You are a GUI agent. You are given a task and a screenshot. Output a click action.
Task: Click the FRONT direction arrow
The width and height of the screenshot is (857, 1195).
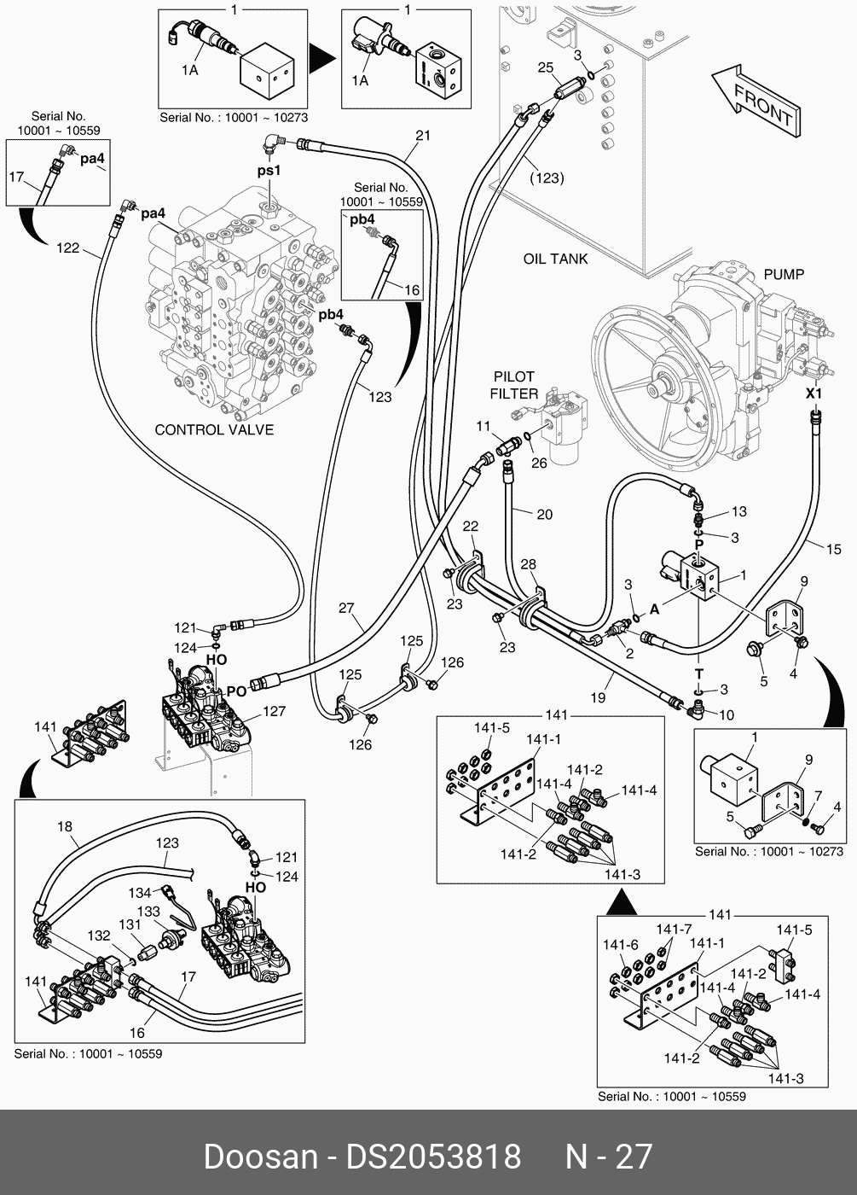coord(756,102)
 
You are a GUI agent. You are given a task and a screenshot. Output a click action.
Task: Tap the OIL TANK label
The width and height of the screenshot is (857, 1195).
coord(555,259)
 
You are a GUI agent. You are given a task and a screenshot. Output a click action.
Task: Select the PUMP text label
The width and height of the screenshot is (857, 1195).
coord(784,274)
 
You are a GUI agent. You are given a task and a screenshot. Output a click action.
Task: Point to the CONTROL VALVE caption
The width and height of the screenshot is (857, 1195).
coord(214,429)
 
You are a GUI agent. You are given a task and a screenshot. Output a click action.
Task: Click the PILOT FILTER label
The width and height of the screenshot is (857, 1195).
coord(513,385)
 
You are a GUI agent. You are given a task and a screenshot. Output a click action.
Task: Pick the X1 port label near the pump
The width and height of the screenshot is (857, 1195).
coord(814,393)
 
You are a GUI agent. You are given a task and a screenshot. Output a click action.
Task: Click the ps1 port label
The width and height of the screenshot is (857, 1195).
coord(269,170)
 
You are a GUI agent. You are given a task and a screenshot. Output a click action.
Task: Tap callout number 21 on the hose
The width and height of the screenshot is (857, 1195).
coord(423,136)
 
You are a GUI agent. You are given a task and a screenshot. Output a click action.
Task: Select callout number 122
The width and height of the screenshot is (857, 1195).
coord(67,248)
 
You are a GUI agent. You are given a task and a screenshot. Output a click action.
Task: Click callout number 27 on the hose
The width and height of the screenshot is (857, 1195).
coord(346,608)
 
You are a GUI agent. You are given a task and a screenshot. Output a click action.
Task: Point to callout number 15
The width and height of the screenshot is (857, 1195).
coord(834,549)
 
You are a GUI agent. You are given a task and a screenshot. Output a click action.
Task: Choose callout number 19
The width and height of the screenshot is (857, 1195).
coord(598,697)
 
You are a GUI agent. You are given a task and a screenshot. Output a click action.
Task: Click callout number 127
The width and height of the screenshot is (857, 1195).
coord(275,711)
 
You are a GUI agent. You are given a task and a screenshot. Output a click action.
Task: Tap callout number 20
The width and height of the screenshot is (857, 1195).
coord(544,514)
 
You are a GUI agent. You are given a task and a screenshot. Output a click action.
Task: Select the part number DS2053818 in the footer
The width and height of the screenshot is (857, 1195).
coord(434,1157)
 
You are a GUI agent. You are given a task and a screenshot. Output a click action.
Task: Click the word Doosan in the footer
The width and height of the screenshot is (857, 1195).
coord(261,1157)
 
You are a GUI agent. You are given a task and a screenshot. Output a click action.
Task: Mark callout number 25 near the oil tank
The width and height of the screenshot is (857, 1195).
coord(546,67)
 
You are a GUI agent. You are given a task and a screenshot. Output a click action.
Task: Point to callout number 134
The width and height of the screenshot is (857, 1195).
coord(140,893)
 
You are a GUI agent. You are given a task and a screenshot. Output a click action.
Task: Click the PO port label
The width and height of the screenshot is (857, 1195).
coord(237,691)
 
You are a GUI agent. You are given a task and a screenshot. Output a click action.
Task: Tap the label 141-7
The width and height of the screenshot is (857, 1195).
coord(674,929)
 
